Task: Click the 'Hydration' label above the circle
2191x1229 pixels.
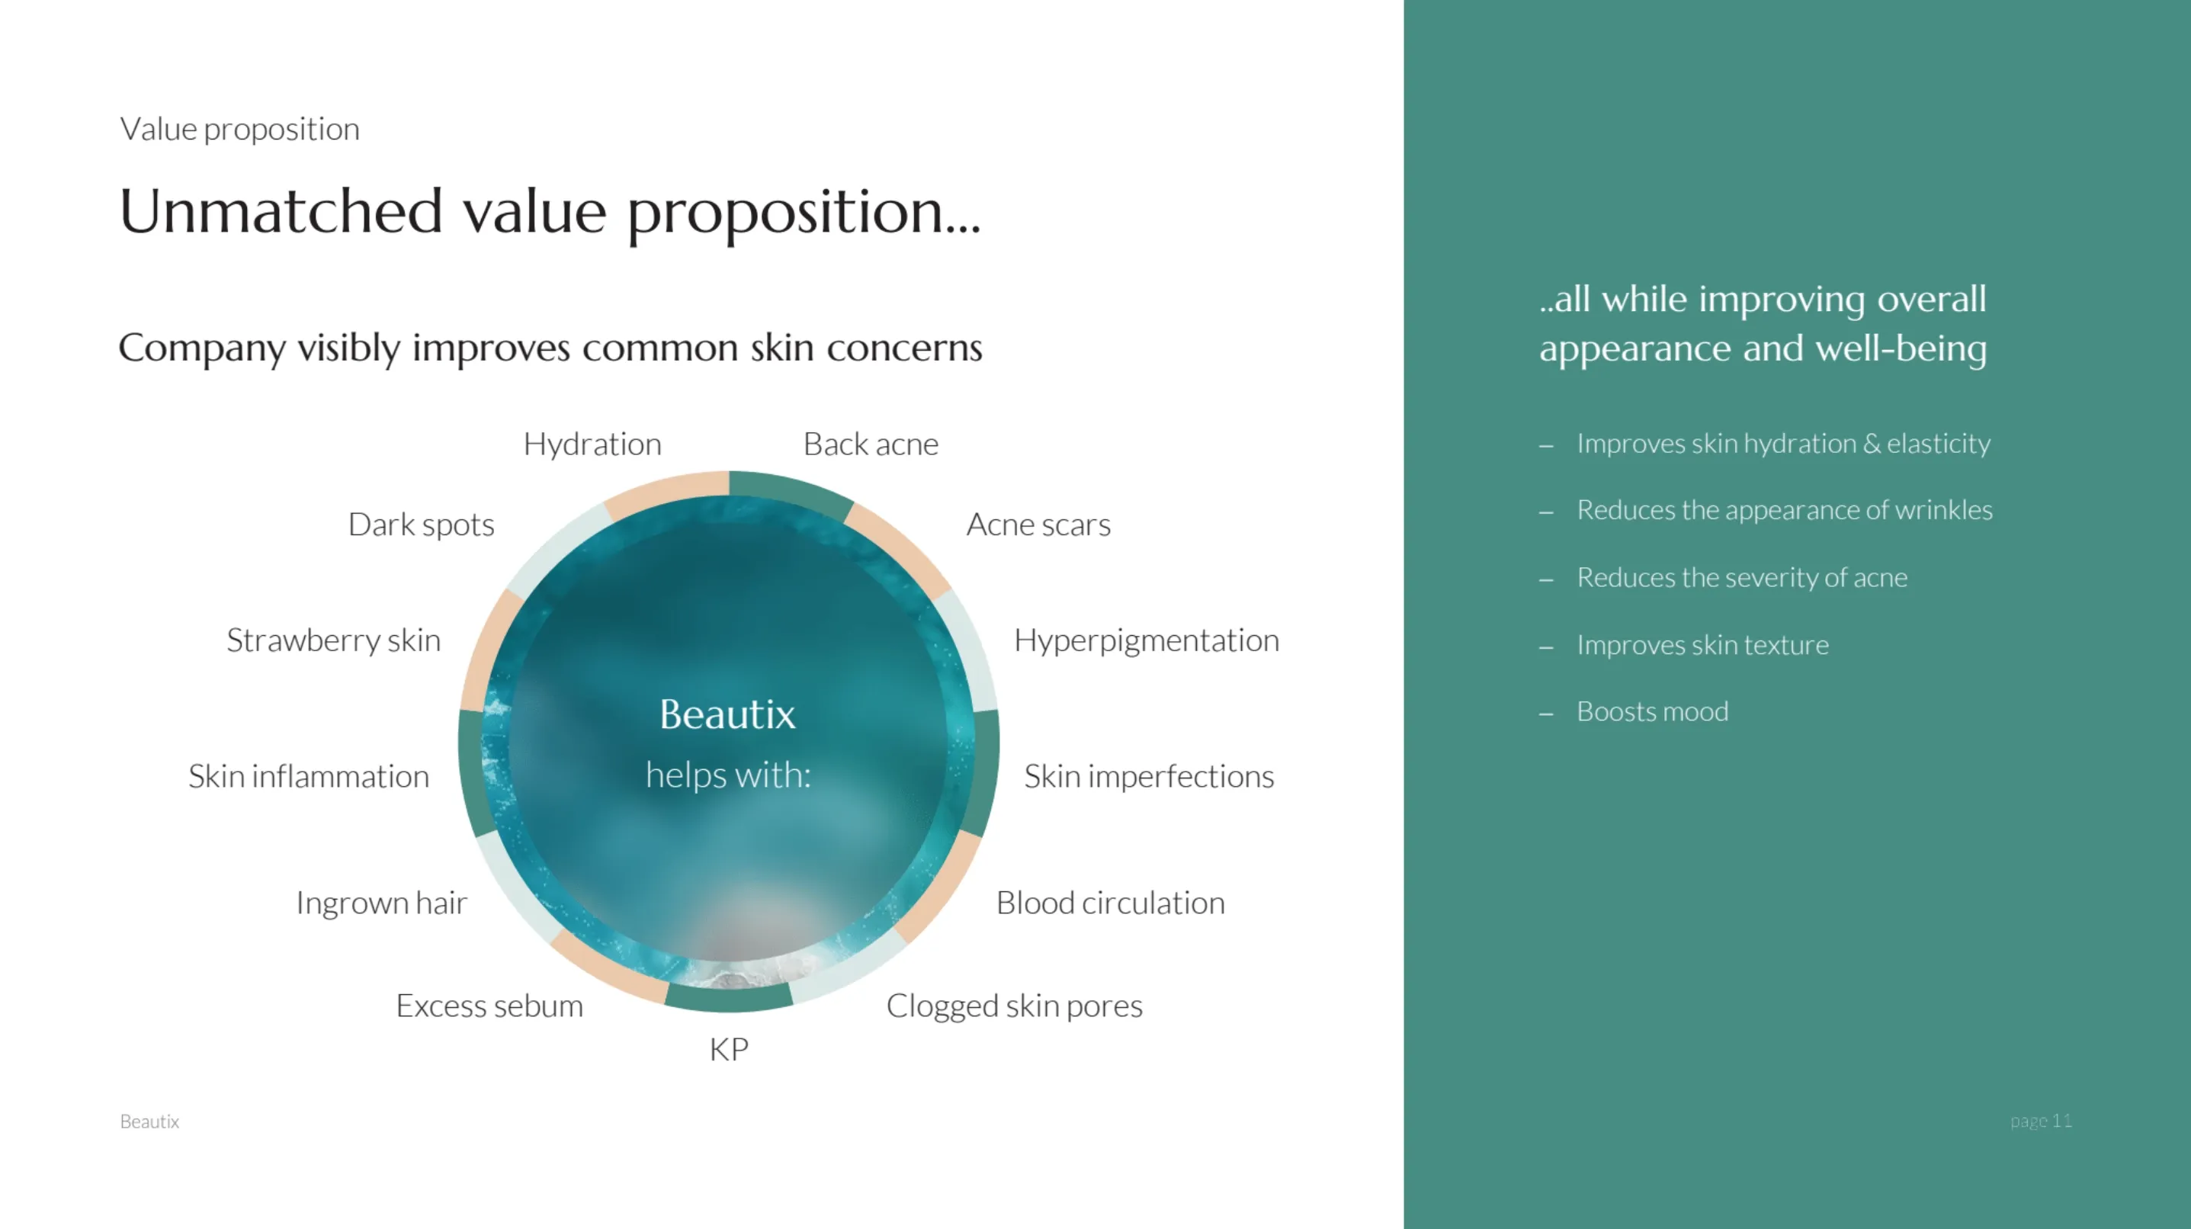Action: coord(592,444)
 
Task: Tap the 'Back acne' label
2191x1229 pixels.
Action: coord(871,444)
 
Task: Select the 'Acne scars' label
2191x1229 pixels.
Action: coord(1038,525)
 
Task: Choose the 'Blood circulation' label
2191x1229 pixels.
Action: coord(1111,903)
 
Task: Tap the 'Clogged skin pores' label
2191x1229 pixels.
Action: coord(1015,1007)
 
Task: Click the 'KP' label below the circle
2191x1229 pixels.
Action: coord(729,1050)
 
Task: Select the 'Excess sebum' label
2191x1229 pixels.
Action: coord(490,1006)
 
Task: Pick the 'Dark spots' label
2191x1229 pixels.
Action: coord(421,525)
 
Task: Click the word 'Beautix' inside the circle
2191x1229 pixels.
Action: coord(728,714)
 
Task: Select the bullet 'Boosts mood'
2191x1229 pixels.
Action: coord(1653,712)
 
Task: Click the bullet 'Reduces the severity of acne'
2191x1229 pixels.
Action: coord(1742,577)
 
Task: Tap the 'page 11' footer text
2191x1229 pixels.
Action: coord(2042,1121)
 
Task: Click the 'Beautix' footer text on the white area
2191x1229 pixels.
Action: coord(149,1122)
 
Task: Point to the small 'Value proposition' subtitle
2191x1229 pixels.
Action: coord(240,130)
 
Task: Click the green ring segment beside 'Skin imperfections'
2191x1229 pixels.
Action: coord(985,774)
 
